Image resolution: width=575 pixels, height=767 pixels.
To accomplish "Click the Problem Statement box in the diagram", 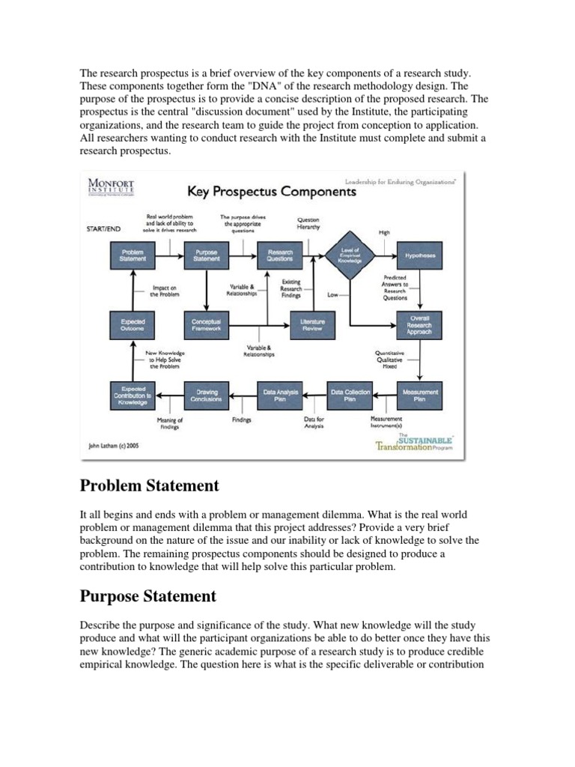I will coord(133,256).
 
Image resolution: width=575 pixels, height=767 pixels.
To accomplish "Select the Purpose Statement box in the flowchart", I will coord(206,256).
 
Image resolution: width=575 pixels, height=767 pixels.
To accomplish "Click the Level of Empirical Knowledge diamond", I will coord(350,256).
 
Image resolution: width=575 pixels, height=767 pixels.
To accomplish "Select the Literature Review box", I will coord(312,324).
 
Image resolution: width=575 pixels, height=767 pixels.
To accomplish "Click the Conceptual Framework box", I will coord(206,324).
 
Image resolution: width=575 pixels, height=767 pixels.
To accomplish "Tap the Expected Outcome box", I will coord(133,324).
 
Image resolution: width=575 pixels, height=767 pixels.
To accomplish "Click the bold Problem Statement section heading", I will coord(149,486).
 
